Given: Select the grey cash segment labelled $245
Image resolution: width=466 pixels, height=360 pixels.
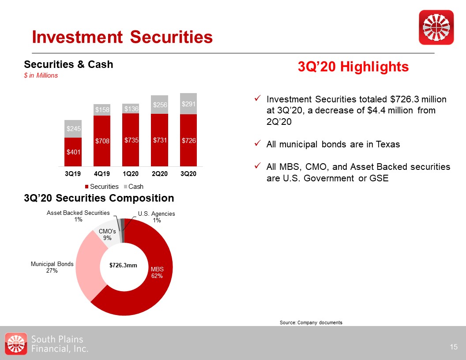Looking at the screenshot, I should [73, 129].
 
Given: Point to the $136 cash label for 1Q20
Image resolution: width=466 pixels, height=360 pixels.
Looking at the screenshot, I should [131, 109].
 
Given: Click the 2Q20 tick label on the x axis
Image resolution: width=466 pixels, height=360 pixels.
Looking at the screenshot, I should [160, 174].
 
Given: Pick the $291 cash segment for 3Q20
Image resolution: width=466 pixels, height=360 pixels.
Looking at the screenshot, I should [188, 104].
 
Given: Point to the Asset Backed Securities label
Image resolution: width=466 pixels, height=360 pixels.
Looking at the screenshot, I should [79, 216].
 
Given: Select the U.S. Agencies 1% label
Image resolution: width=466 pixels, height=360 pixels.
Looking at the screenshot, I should [156, 217].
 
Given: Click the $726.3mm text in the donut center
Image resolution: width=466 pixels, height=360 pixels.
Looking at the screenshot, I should [124, 266].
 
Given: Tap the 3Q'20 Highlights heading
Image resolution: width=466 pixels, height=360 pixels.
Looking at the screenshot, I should [353, 67].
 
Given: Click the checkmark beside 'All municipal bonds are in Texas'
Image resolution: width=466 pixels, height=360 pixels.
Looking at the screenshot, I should [257, 144].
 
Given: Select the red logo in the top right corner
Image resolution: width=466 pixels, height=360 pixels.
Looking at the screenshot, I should [436, 27].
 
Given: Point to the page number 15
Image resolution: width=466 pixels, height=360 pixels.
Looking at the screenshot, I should [454, 347].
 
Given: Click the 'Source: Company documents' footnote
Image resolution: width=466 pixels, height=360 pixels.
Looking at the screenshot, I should [311, 323].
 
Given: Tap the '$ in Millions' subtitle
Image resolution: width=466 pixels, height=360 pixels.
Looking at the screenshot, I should [41, 75].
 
